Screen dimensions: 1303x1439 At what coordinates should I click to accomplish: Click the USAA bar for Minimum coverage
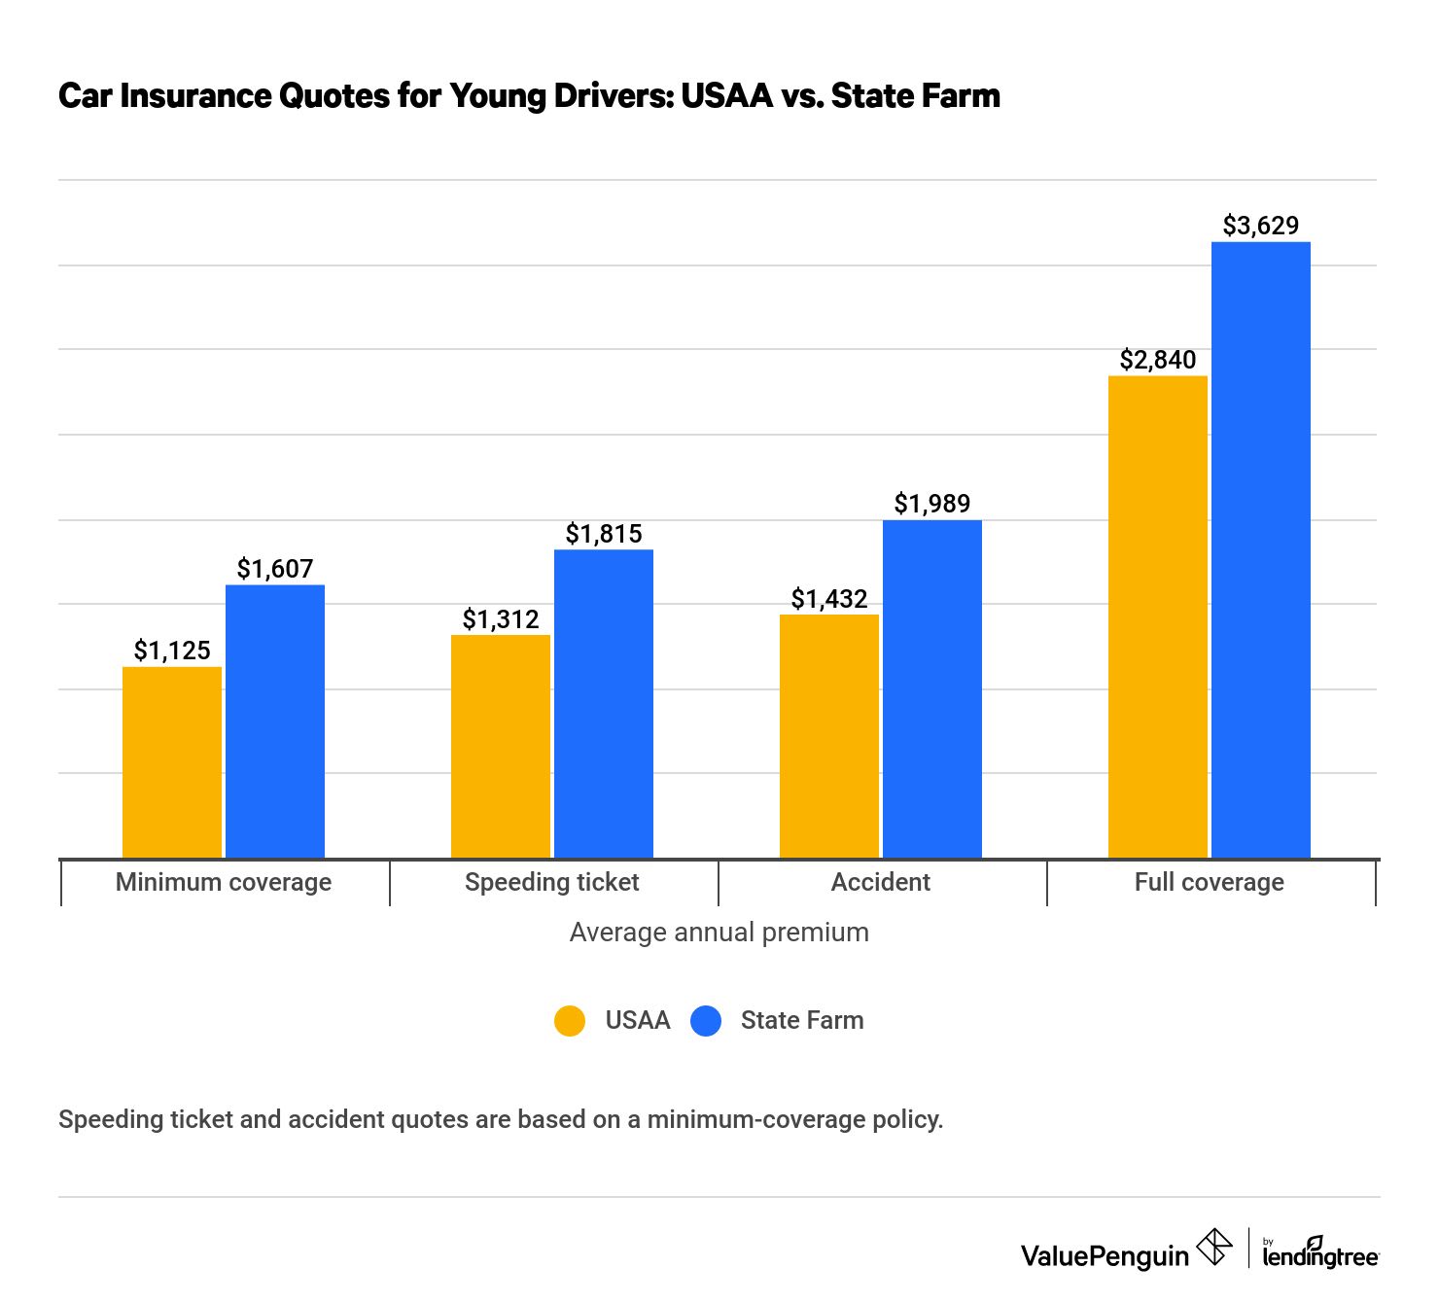coord(172,762)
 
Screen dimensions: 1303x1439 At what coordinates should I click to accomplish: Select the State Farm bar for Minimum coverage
coord(275,722)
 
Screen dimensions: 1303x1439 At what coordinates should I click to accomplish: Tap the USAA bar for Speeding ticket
coord(501,746)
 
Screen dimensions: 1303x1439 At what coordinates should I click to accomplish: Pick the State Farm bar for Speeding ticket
coord(604,704)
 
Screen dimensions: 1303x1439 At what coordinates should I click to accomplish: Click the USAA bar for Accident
coord(829,736)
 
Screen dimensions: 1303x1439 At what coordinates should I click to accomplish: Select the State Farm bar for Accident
coord(932,689)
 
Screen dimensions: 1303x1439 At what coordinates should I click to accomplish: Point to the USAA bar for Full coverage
coord(1158,616)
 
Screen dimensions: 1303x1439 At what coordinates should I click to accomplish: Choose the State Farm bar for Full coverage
coord(1261,549)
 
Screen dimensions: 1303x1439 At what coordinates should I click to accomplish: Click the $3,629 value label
coord(1261,226)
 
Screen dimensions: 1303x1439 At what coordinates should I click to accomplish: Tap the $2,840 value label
coord(1158,360)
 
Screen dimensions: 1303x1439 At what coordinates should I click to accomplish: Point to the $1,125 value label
coord(172,651)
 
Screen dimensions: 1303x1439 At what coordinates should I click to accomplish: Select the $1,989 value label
coord(932,504)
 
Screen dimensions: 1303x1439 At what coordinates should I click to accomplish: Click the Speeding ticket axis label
coord(552,882)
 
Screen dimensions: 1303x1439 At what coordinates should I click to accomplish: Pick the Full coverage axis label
coord(1210,882)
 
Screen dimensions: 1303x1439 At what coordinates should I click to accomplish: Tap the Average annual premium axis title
coord(719,932)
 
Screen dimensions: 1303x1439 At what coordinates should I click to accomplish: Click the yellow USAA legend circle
coord(570,1021)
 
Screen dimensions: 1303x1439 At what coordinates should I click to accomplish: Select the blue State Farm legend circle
coord(706,1021)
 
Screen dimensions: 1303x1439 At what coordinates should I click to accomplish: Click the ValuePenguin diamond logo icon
coord(1214,1248)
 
